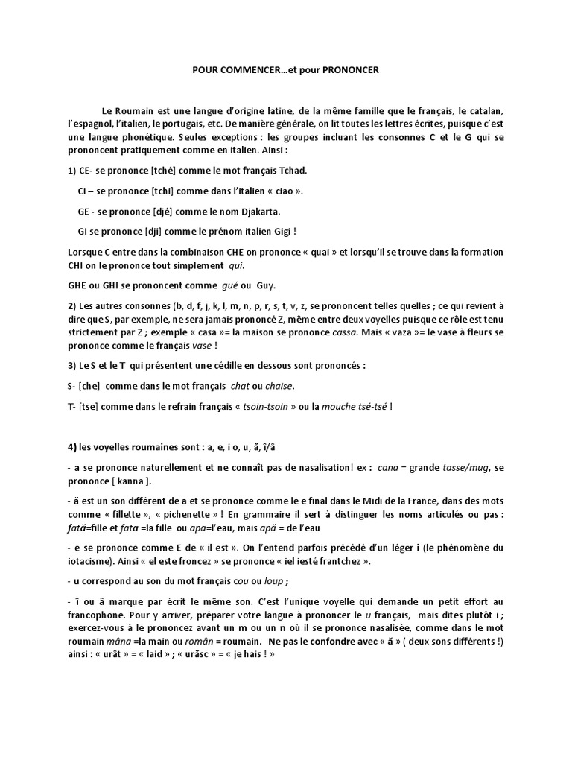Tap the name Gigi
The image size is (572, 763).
278,231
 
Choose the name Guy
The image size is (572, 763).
267,285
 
